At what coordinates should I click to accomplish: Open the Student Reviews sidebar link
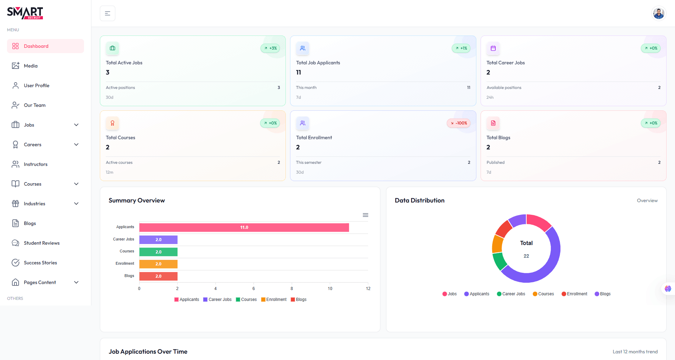[x=41, y=243]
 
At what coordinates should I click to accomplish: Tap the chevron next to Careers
[x=76, y=144]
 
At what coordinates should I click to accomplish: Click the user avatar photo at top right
[x=658, y=13]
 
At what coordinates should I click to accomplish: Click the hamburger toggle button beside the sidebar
[x=108, y=13]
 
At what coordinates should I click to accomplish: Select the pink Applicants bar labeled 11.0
[x=244, y=227]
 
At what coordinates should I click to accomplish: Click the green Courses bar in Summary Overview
[x=158, y=252]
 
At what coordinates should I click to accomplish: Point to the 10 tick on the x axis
[x=330, y=289]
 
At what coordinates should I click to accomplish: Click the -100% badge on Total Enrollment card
[x=459, y=123]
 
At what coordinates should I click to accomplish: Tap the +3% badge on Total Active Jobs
[x=270, y=48]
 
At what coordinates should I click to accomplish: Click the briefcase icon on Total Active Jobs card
[x=112, y=48]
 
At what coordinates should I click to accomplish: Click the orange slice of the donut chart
[x=497, y=244]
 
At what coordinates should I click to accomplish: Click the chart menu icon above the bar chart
[x=366, y=215]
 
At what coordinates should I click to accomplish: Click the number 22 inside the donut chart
[x=526, y=256]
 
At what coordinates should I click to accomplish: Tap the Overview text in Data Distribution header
[x=647, y=200]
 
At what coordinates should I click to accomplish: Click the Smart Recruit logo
[x=25, y=13]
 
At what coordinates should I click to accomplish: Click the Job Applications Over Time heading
[x=148, y=352]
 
